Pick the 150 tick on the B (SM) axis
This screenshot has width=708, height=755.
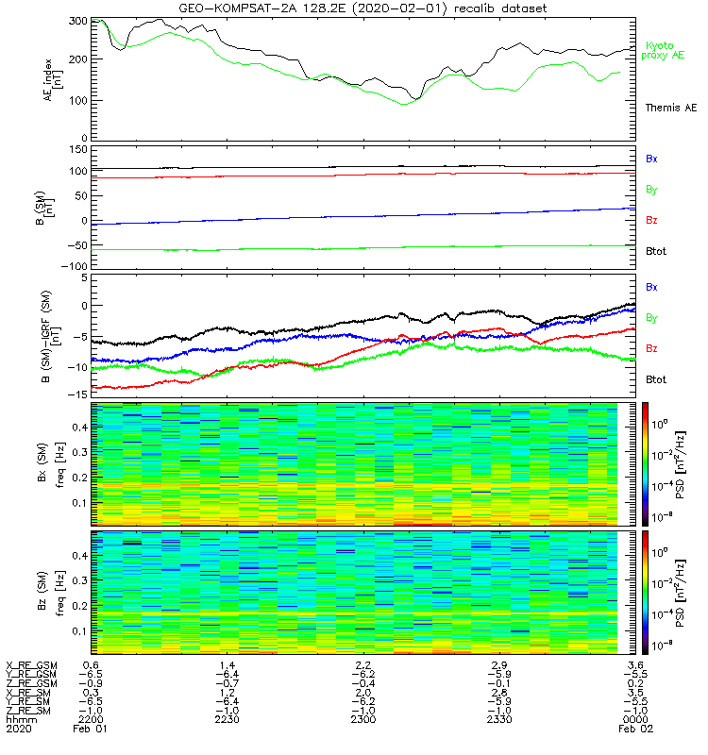pyautogui.click(x=78, y=149)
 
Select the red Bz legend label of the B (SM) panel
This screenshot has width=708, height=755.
pyautogui.click(x=651, y=220)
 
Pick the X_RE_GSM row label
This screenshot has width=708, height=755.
pyautogui.click(x=31, y=665)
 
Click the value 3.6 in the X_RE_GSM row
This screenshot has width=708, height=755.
pyautogui.click(x=635, y=665)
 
